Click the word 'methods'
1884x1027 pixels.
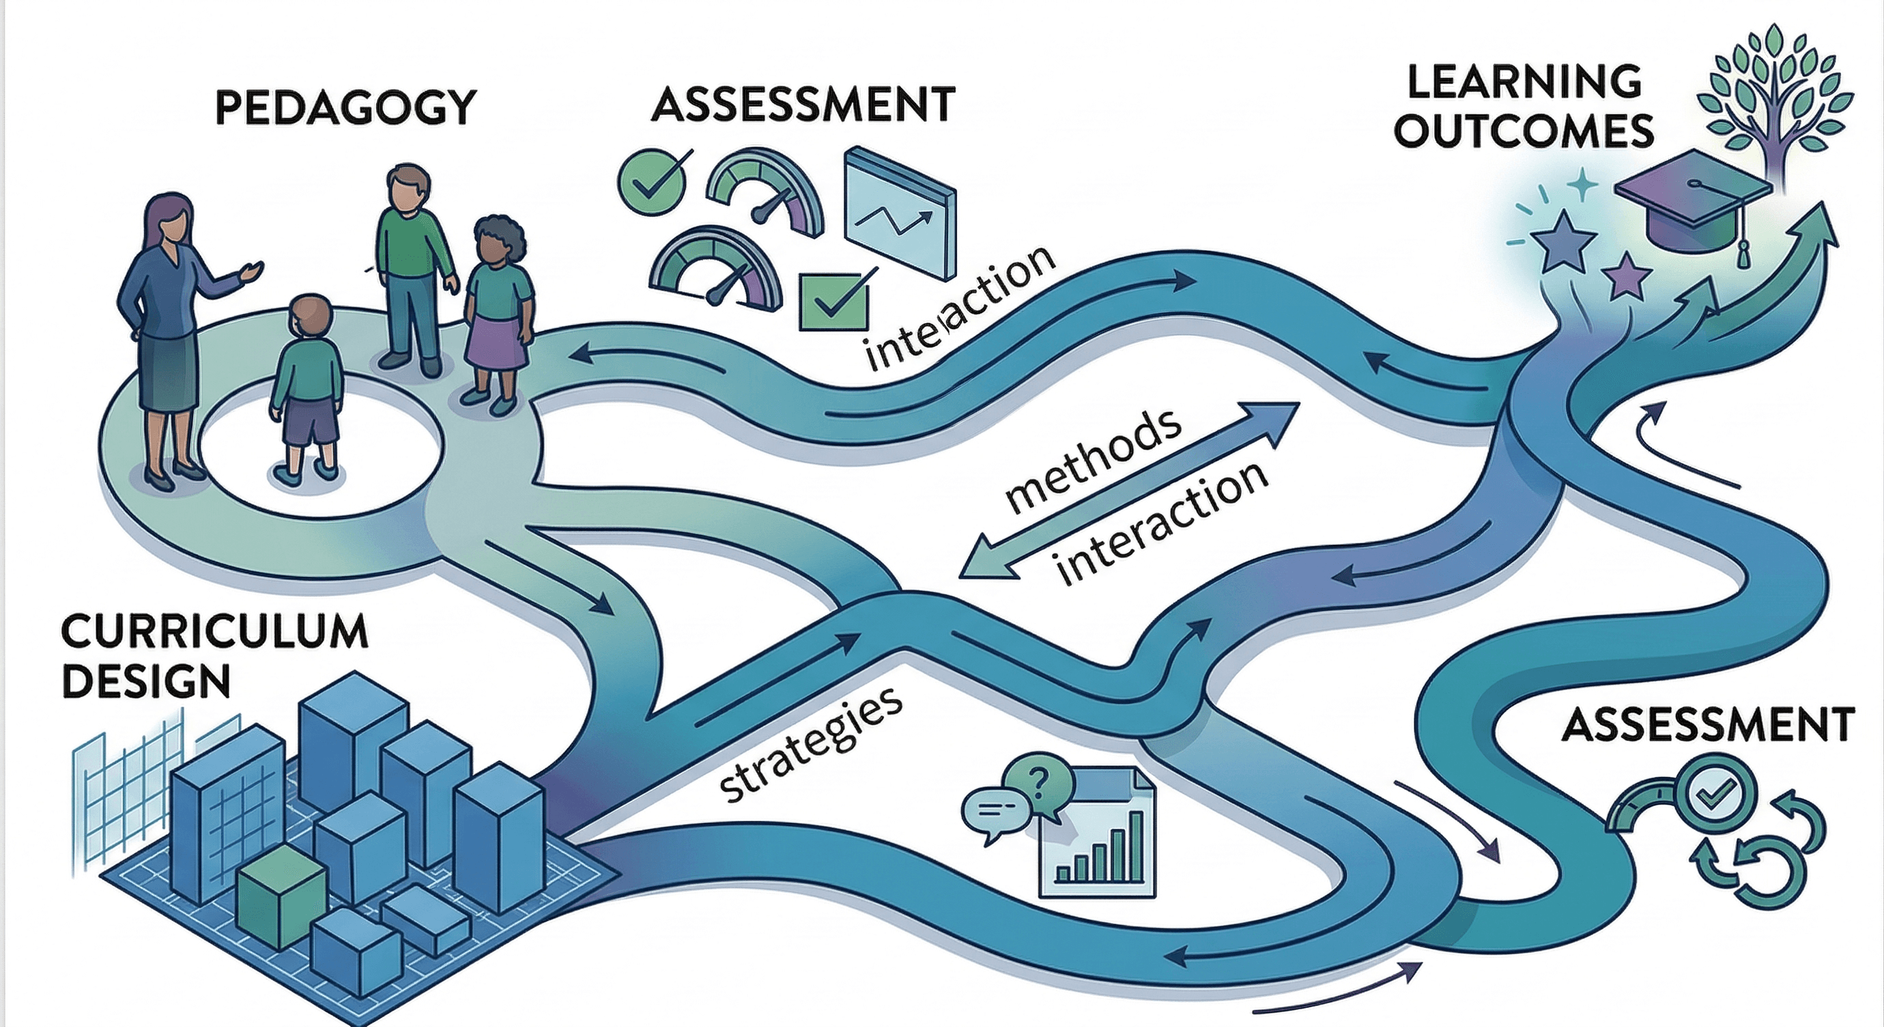pyautogui.click(x=1093, y=461)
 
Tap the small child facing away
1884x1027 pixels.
pyautogui.click(x=308, y=388)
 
